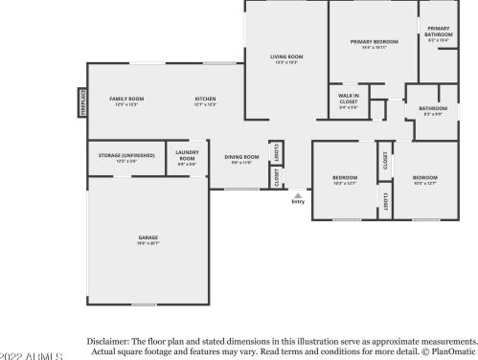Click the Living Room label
286,56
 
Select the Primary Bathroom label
439,32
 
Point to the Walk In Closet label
348,98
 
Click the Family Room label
126,99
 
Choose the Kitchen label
206,99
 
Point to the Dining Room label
241,157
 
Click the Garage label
148,237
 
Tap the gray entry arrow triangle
298,194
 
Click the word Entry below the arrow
298,202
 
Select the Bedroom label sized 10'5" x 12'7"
424,177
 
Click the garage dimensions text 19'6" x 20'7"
148,244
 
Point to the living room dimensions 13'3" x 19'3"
286,62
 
